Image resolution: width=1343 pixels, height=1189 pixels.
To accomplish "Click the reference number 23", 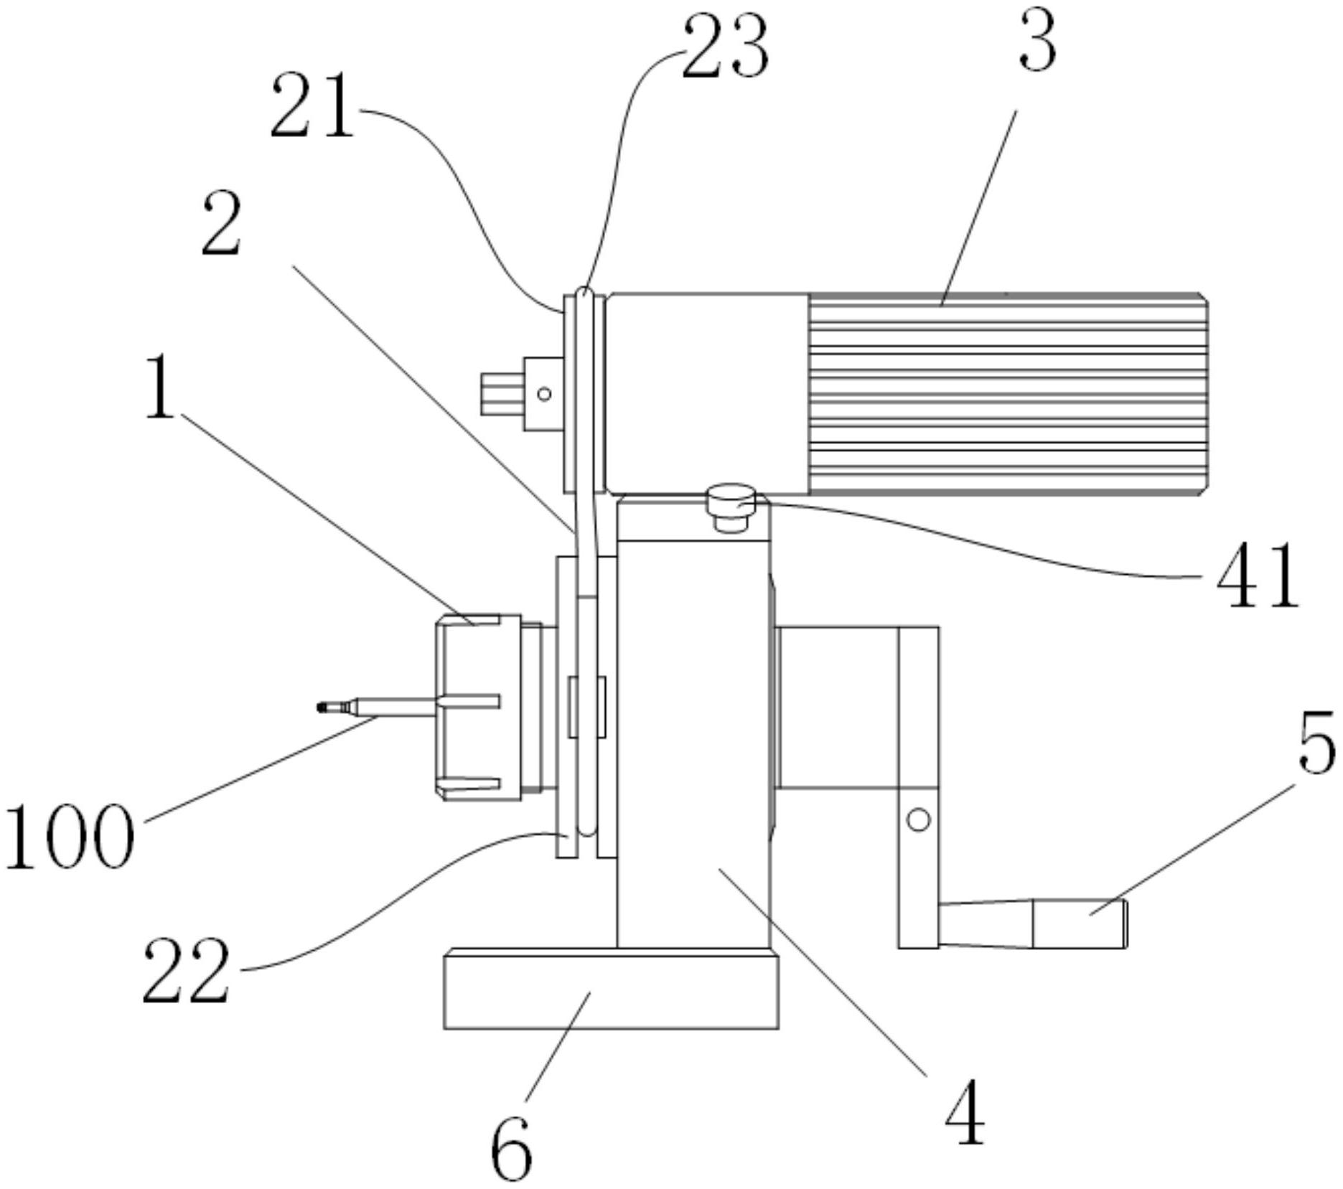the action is pos(725,46).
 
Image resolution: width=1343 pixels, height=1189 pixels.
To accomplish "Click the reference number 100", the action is pos(69,837).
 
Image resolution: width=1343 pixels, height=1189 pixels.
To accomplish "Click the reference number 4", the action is pos(964,1112).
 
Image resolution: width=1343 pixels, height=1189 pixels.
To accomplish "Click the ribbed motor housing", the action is pos(1007,393).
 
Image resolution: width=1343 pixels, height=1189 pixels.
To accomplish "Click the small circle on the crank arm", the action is pos(919,819).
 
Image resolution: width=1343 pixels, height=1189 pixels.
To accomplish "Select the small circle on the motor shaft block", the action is pos(544,393).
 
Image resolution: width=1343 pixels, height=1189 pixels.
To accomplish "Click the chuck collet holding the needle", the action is pos(477,708).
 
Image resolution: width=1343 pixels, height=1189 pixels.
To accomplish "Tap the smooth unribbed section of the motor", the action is pos(707,393).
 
